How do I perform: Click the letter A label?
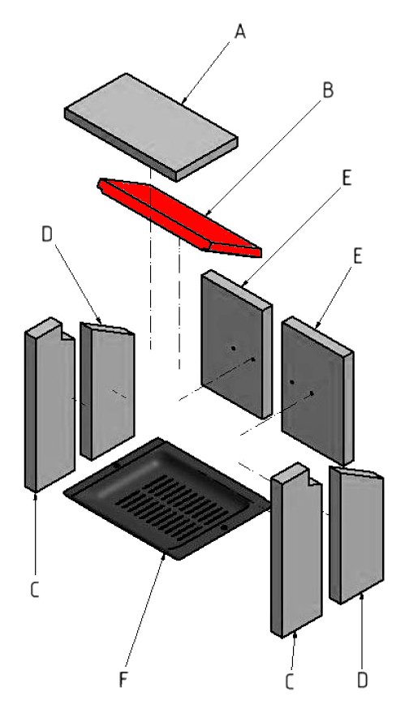[x=239, y=32]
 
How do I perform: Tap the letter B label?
[x=328, y=90]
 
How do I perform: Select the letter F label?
[x=123, y=680]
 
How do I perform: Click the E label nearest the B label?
[x=347, y=178]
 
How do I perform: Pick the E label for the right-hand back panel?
[x=357, y=256]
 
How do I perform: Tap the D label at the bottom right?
[x=362, y=680]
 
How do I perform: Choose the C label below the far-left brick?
[x=35, y=590]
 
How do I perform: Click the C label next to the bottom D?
[x=289, y=682]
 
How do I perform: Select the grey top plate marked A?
[x=151, y=127]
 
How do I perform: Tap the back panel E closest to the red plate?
[x=236, y=344]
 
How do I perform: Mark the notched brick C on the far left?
[x=50, y=405]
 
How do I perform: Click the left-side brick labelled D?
[x=107, y=391]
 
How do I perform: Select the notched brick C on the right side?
[x=296, y=550]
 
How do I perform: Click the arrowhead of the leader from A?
[x=183, y=101]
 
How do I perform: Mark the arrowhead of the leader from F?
[x=164, y=558]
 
